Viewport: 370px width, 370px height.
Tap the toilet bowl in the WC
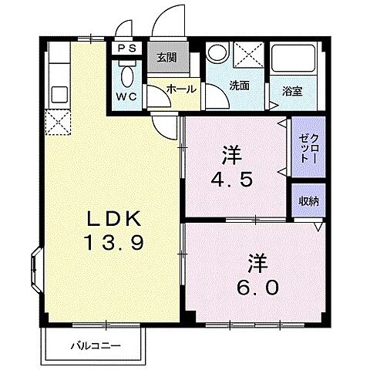127,74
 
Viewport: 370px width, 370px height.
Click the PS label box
126,47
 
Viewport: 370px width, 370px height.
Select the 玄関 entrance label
166,56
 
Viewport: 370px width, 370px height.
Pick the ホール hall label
180,89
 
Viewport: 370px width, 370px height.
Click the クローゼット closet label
308,144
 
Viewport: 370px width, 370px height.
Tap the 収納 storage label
308,201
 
